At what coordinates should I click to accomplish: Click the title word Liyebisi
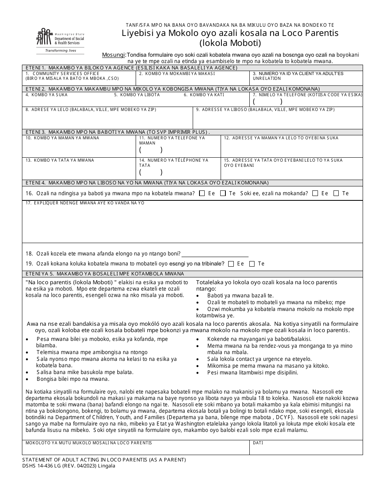coord(137,33)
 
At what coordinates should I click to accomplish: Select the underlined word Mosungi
coord(113,55)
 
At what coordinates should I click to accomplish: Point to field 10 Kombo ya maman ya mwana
coord(79,148)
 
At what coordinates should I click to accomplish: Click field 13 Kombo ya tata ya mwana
coord(79,170)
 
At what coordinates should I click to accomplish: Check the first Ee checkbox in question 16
coord(202,193)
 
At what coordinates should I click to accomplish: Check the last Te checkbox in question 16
coord(336,193)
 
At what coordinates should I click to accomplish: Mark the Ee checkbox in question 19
coord(231,264)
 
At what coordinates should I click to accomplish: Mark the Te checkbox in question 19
coord(252,264)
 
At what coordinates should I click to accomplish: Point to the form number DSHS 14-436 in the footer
coord(48,465)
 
